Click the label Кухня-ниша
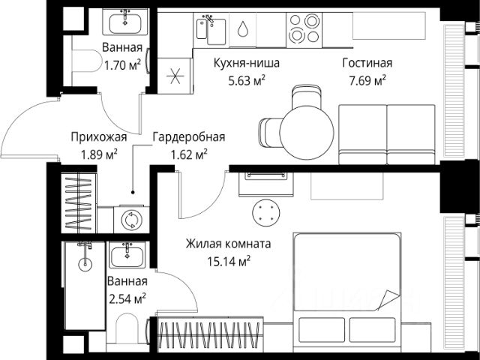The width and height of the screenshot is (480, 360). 247,63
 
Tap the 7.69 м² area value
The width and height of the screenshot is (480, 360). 367,81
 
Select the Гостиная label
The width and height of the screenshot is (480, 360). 367,63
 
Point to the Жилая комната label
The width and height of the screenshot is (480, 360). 228,244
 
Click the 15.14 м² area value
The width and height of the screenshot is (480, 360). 229,262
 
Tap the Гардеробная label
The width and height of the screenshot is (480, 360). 189,137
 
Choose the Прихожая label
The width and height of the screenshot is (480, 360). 99,137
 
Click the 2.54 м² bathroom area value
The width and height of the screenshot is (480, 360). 127,298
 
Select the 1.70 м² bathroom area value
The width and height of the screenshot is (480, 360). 122,65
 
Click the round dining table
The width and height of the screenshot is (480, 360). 307,133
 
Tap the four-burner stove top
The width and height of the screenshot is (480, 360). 304,30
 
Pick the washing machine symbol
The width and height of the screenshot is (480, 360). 132,220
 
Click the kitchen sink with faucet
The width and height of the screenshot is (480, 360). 211,30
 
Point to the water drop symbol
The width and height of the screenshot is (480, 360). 242,28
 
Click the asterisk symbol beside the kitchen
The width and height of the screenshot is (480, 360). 175,76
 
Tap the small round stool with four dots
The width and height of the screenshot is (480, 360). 266,213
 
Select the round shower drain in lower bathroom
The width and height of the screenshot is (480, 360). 85,264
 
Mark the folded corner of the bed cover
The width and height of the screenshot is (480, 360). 388,299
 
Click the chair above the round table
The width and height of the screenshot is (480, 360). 307,97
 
